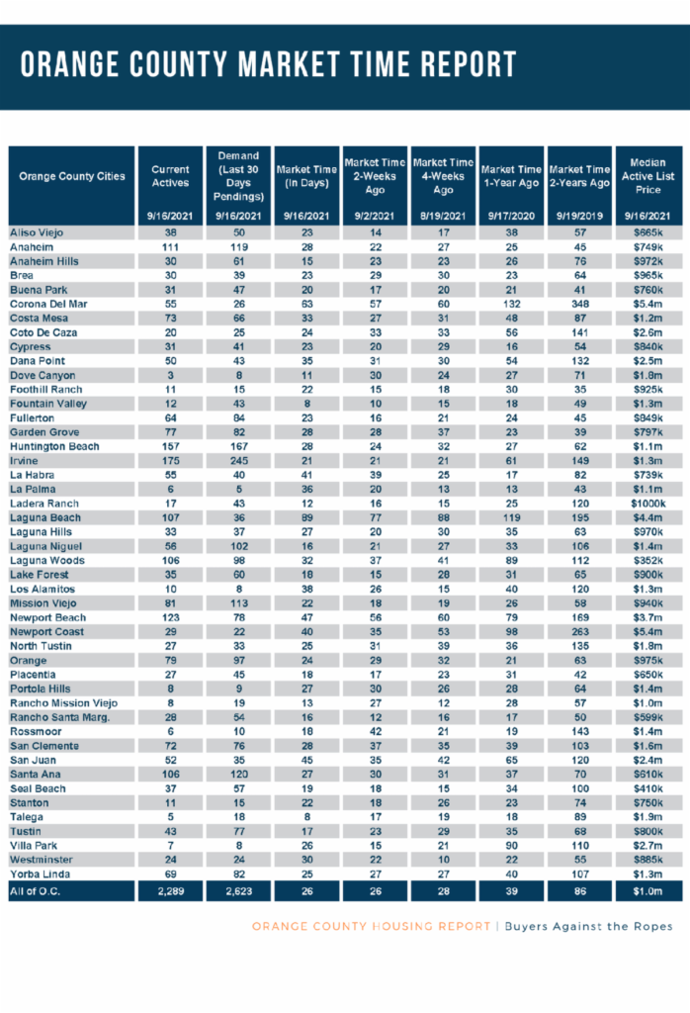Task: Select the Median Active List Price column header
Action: coord(648,176)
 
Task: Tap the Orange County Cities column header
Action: coord(71,176)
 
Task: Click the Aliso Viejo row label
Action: coord(37,232)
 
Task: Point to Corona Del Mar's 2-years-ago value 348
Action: coord(579,304)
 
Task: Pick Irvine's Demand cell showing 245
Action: coord(239,461)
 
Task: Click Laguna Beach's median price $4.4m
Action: coord(648,517)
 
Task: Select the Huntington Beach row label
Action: coord(54,446)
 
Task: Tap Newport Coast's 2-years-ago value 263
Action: coord(579,632)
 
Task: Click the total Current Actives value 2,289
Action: coord(170,891)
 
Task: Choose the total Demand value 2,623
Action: coord(239,891)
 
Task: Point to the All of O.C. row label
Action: coord(35,891)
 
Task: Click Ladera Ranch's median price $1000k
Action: coord(648,504)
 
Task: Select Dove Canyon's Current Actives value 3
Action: coord(170,375)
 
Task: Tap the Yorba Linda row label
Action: coord(40,875)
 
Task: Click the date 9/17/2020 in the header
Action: coord(511,216)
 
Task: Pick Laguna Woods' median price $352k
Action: coord(648,560)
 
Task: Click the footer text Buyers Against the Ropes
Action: coord(588,926)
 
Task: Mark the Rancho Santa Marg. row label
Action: coord(59,717)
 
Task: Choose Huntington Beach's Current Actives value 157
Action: coord(170,446)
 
